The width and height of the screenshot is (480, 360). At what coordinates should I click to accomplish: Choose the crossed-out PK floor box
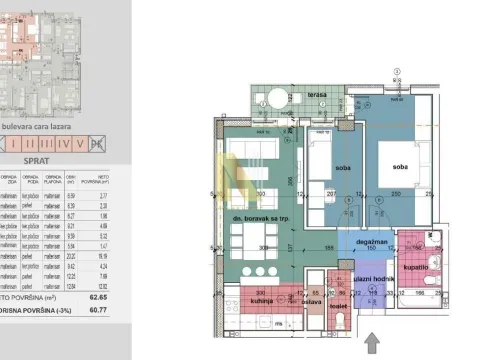tap(98, 143)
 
